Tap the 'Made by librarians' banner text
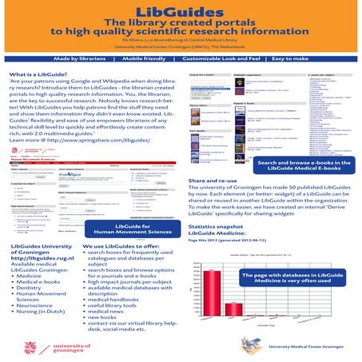(x=82, y=60)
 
